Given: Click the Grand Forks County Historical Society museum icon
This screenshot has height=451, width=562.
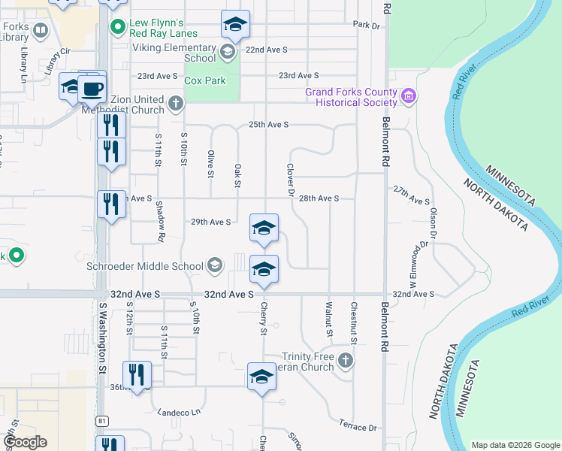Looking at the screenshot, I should (x=409, y=96).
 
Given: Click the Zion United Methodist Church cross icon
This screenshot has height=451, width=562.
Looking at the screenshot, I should (x=176, y=103).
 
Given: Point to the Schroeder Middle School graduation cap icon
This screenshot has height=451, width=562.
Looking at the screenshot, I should (x=215, y=265).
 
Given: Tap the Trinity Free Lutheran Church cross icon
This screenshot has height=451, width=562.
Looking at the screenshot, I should (x=345, y=362).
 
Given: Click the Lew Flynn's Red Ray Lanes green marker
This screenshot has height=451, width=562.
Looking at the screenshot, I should (x=117, y=28).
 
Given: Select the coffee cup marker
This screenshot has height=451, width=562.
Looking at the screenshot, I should (x=92, y=89).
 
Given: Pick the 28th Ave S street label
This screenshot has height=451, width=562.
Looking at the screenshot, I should (x=319, y=198).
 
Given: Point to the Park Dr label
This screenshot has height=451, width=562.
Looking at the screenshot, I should (x=367, y=25).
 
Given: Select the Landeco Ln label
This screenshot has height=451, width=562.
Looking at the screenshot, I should (x=179, y=412).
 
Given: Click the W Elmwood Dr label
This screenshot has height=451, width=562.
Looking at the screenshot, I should (x=419, y=256).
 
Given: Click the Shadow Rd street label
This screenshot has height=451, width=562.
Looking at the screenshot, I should (x=160, y=221).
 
